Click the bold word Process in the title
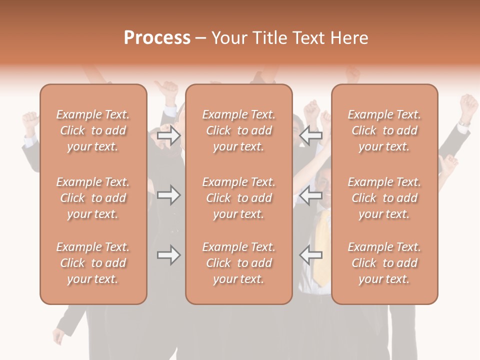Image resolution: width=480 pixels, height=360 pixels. coord(157,38)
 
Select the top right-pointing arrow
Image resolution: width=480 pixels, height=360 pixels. coord(169,135)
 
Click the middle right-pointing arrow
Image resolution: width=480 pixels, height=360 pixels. coord(169,195)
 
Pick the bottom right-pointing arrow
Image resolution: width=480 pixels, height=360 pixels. coord(169,255)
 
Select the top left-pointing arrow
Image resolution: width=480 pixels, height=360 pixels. coord(311,135)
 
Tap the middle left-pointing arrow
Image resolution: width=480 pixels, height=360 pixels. coord(311,195)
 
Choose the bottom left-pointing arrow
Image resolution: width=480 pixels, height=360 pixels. coord(311,255)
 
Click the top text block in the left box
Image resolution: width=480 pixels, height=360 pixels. coord(93,130)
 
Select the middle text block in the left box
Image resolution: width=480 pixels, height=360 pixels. coord(93,198)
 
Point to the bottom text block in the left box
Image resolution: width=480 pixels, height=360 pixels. coord(93,263)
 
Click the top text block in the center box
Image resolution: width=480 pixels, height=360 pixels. coord(239,130)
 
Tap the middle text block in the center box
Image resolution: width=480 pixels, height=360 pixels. coord(239,198)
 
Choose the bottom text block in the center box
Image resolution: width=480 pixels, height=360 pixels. coord(239,263)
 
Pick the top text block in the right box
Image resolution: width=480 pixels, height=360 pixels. coord(384,130)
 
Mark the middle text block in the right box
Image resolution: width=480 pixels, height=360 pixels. coord(384,198)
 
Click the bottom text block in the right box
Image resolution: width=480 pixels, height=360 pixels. coord(384,263)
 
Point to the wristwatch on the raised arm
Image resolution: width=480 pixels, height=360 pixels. coord(465,122)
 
